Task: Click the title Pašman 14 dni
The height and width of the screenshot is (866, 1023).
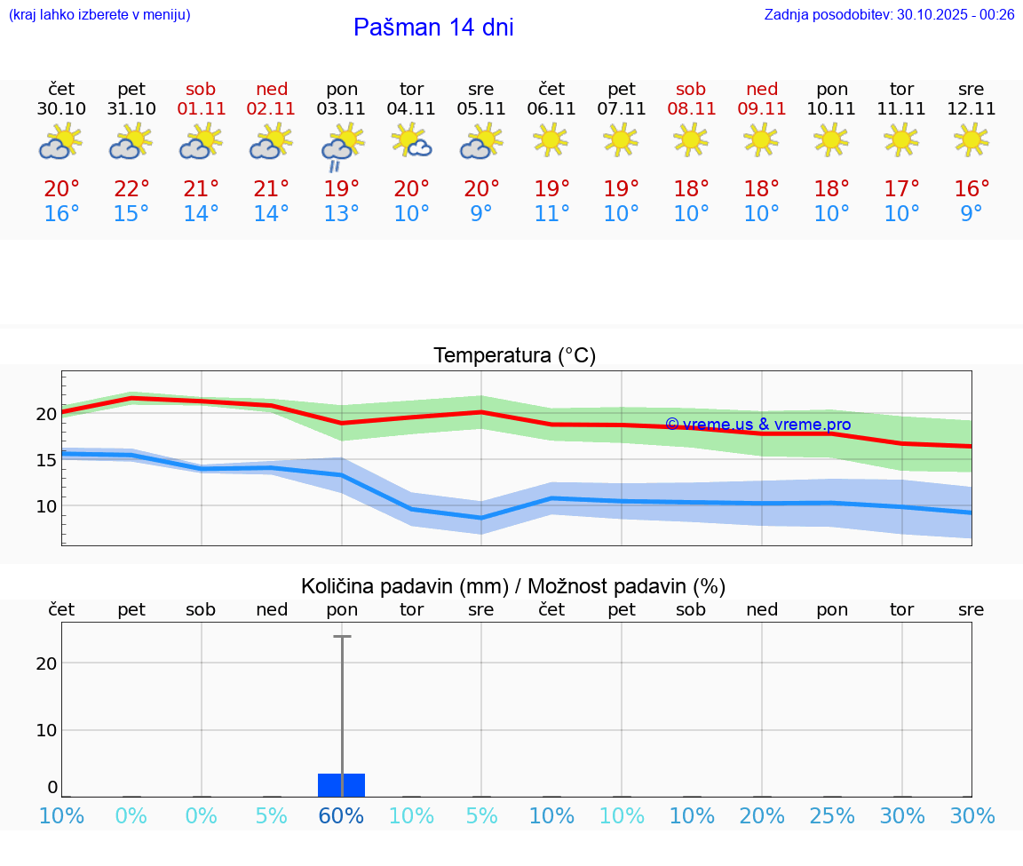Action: coord(433,28)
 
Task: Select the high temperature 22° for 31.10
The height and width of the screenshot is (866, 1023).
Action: coord(131,189)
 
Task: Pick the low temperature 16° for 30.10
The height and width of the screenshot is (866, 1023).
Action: coord(61,214)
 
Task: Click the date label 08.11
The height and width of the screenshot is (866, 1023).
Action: coord(691,109)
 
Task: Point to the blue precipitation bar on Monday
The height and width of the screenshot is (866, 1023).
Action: coord(342,785)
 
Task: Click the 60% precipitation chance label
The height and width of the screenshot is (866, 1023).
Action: coord(342,816)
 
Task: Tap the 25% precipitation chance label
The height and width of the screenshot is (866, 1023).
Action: coord(832,816)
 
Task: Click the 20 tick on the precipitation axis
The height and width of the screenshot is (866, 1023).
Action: coord(47,663)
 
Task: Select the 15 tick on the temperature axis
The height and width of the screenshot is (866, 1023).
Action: coord(46,459)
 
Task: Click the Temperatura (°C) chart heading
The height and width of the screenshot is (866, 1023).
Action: coord(514,356)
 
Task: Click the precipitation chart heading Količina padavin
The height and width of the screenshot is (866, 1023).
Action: coord(513,586)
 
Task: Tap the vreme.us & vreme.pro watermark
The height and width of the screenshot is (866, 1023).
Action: coord(758,425)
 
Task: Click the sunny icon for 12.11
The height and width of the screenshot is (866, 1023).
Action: coord(971,139)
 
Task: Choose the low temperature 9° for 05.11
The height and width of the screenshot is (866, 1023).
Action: coord(481,214)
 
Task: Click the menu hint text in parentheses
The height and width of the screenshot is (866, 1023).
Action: coord(99,14)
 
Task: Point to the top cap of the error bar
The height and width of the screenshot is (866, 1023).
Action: coord(342,637)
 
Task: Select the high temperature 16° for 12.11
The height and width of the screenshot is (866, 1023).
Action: coord(971,189)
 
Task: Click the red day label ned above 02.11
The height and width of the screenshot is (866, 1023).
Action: coord(272,89)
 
